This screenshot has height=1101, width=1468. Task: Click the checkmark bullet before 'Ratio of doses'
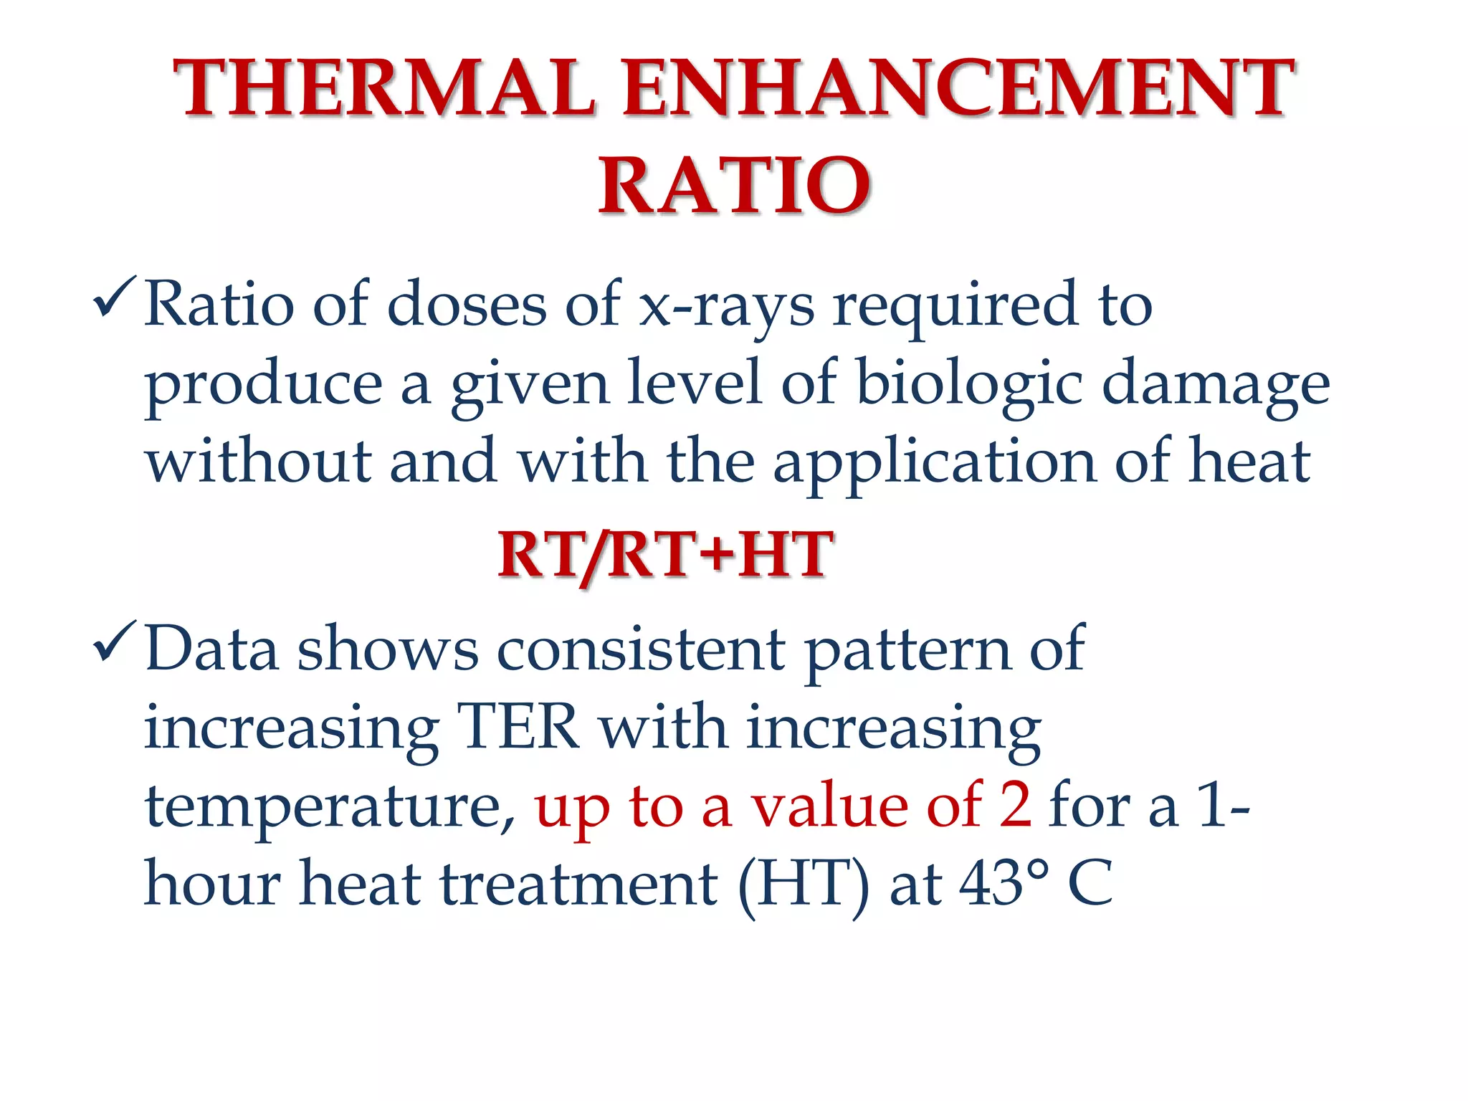coord(113,297)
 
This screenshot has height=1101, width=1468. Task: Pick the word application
coord(935,463)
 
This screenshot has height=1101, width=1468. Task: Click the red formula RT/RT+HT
coord(665,556)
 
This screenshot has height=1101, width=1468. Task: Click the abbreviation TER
coord(518,728)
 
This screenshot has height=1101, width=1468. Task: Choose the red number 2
coord(1015,806)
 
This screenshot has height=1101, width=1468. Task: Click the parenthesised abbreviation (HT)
coord(804,885)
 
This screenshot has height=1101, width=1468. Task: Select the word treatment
coord(578,885)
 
